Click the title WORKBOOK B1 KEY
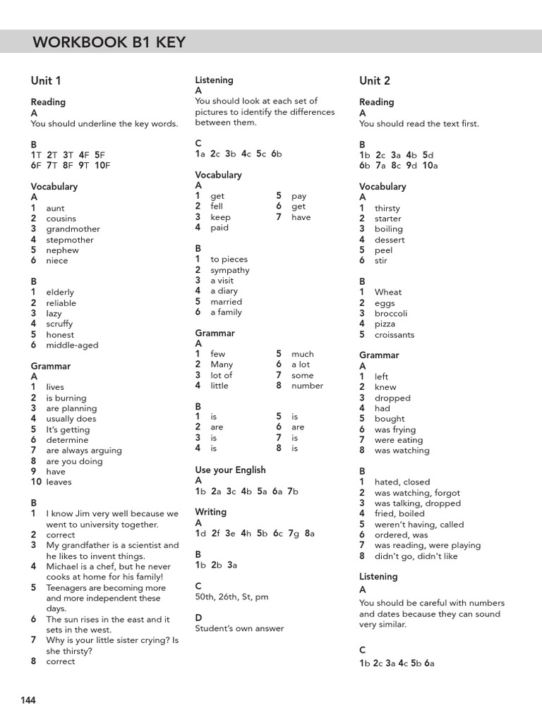pyautogui.click(x=109, y=43)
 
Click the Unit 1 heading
pyautogui.click(x=46, y=81)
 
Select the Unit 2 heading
pyautogui.click(x=375, y=81)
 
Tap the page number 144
pyautogui.click(x=28, y=700)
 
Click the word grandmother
pyautogui.click(x=73, y=229)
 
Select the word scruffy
pyautogui.click(x=59, y=324)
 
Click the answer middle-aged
pyautogui.click(x=72, y=345)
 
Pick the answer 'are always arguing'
pyautogui.click(x=84, y=451)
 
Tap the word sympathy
pyautogui.click(x=230, y=270)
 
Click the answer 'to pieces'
pyautogui.click(x=229, y=259)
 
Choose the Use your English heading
pyautogui.click(x=230, y=470)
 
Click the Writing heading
pyautogui.click(x=211, y=512)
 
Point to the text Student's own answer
pyautogui.click(x=239, y=628)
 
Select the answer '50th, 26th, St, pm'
pyautogui.click(x=231, y=596)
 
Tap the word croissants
pyautogui.click(x=395, y=335)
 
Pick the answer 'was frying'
pyautogui.click(x=395, y=429)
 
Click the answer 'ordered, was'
pyautogui.click(x=402, y=535)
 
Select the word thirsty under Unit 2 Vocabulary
pyautogui.click(x=387, y=209)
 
